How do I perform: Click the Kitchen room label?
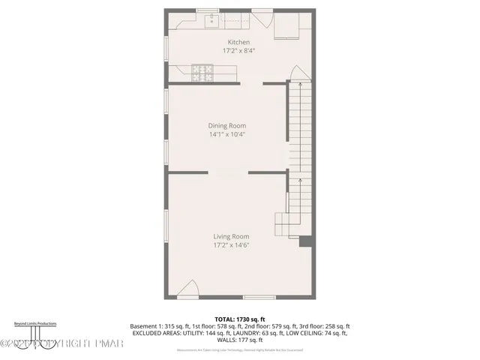(x=238, y=42)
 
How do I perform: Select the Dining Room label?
(x=227, y=126)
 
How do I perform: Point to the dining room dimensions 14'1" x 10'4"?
(x=227, y=135)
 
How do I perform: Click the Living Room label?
(x=230, y=236)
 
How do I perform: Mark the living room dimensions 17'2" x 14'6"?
(x=230, y=245)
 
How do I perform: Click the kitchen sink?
(x=211, y=18)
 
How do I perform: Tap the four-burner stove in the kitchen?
(x=202, y=72)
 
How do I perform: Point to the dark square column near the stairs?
(x=304, y=241)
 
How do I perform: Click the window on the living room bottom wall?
(x=259, y=298)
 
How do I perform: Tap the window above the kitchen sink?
(x=207, y=10)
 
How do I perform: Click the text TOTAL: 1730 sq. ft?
(x=240, y=319)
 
